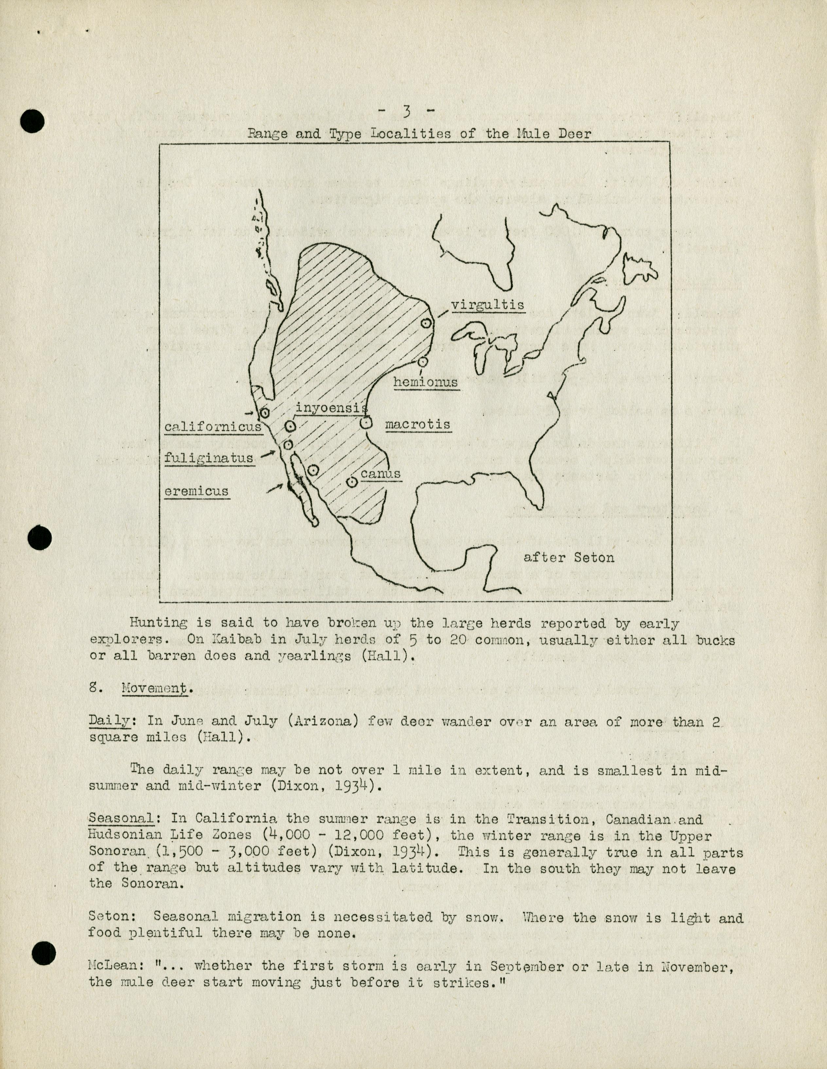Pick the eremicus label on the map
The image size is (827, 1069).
pyautogui.click(x=196, y=491)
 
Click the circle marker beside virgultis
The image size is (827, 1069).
pyautogui.click(x=426, y=323)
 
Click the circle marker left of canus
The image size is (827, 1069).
pyautogui.click(x=351, y=482)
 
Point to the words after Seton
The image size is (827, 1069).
pyautogui.click(x=569, y=557)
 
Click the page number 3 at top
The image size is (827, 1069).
pyautogui.click(x=406, y=112)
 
